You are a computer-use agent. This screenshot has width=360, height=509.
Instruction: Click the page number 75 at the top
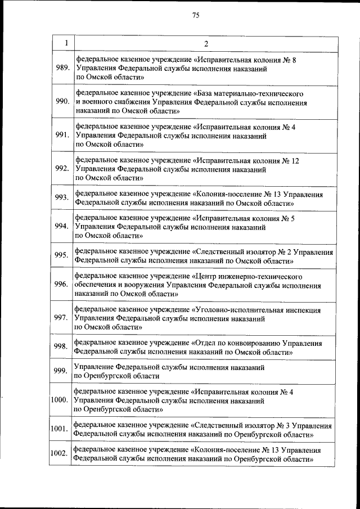[x=196, y=15]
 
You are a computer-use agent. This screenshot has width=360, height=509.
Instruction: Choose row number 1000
[x=59, y=400]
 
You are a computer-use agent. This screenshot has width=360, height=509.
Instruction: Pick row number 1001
[x=59, y=430]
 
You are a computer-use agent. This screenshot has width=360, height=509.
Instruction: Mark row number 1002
[x=59, y=454]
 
